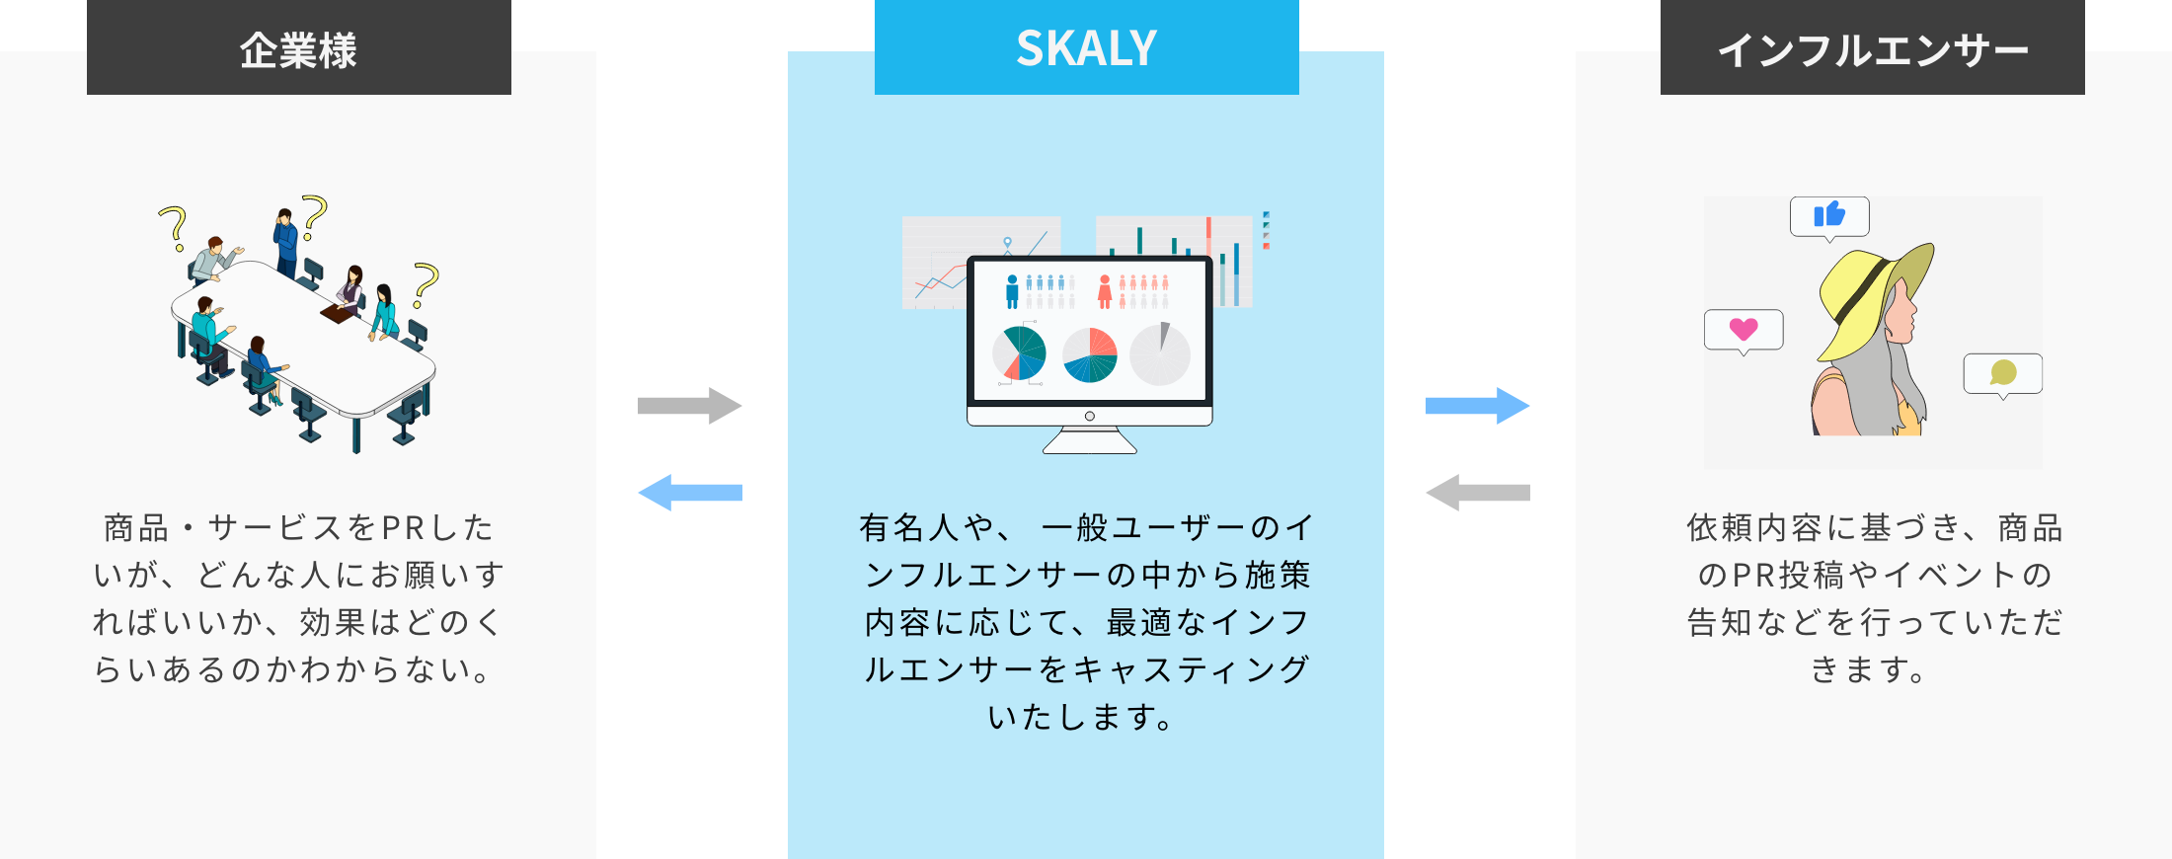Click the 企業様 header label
pyautogui.click(x=298, y=49)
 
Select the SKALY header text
pyautogui.click(x=1086, y=48)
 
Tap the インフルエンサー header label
pyautogui.click(x=1872, y=49)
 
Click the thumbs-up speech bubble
pyautogui.click(x=1829, y=215)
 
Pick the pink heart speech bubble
pyautogui.click(x=1744, y=329)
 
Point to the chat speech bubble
pyautogui.click(x=2003, y=373)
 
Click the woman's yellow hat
pyautogui.click(x=1866, y=296)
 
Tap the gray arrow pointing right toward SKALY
pyautogui.click(x=689, y=406)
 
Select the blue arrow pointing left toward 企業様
pyautogui.click(x=689, y=493)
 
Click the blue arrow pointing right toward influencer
pyautogui.click(x=1477, y=406)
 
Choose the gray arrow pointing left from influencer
pyautogui.click(x=1477, y=493)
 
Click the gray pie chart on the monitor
pyautogui.click(x=1160, y=354)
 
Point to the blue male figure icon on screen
pyautogui.click(x=1012, y=292)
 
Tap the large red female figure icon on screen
pyautogui.click(x=1105, y=292)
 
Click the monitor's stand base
pyautogui.click(x=1089, y=443)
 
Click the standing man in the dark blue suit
pyautogui.click(x=286, y=242)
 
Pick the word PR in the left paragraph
pyautogui.click(x=403, y=528)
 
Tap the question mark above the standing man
pyautogui.click(x=315, y=215)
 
